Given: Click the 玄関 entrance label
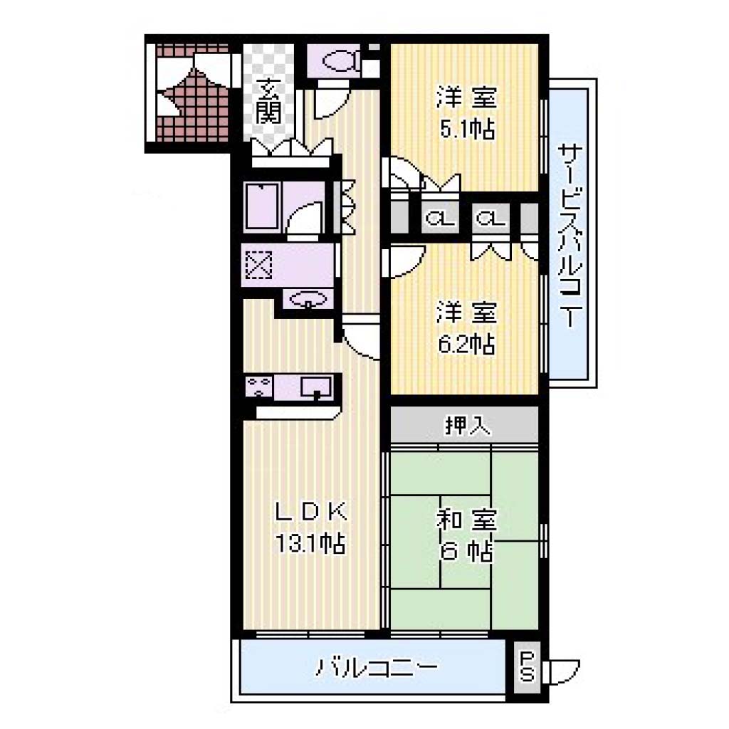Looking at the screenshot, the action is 268,100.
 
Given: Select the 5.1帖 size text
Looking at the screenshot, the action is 467,129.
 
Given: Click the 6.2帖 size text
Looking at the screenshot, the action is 466,344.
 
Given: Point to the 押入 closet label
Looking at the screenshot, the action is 467,424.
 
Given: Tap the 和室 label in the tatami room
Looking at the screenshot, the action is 466,520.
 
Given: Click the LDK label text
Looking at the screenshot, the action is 311,511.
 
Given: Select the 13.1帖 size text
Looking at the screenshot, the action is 310,542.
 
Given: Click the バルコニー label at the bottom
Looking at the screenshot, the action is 377,667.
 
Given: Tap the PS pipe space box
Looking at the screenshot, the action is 528,667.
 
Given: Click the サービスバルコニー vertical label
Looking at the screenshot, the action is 570,235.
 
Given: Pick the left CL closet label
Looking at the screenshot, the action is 440,218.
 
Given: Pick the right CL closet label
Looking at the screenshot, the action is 491,218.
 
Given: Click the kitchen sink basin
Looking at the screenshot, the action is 316,387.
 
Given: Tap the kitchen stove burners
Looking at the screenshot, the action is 259,387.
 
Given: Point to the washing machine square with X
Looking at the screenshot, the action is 258,265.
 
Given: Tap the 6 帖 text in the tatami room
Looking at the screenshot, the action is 466,552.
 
